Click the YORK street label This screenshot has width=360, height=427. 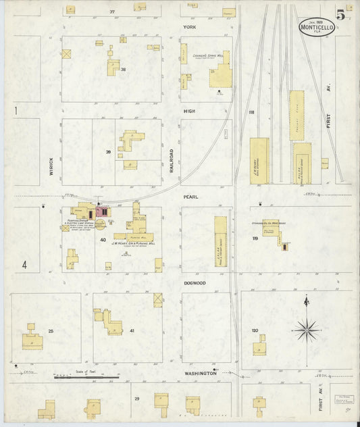click(x=188, y=27)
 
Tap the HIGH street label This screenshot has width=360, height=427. click(x=188, y=110)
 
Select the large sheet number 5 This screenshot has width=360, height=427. click(x=341, y=16)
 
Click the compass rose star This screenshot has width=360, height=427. click(x=307, y=330)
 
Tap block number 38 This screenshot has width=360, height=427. click(x=124, y=70)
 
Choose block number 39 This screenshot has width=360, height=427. click(x=108, y=152)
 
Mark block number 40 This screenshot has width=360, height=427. click(x=103, y=240)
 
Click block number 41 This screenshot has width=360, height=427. click(x=132, y=330)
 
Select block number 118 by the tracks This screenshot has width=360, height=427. click(x=251, y=112)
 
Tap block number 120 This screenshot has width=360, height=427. click(x=255, y=330)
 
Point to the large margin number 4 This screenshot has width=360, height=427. click(x=24, y=265)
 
